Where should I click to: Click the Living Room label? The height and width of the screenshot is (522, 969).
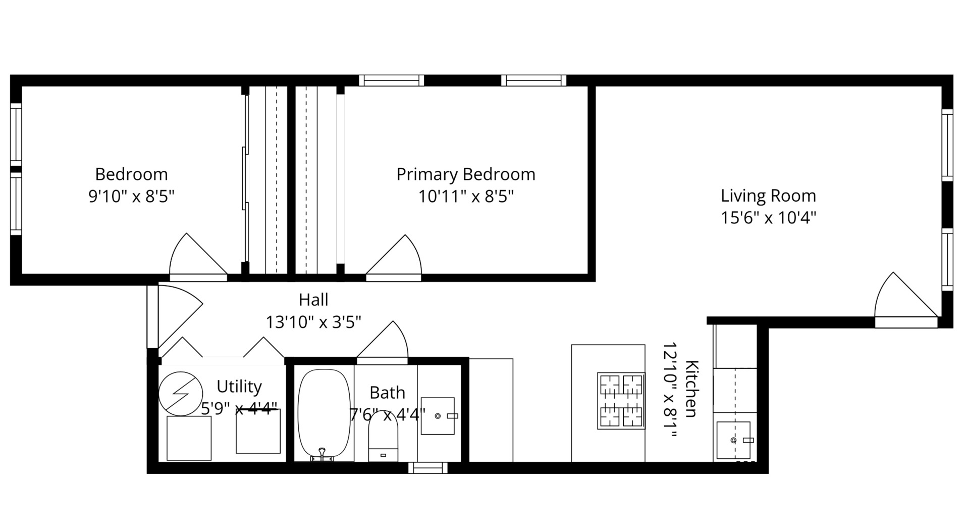(768, 196)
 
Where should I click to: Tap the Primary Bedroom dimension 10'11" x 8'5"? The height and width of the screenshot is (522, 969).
(465, 196)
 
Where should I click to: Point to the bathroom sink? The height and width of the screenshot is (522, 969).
(438, 416)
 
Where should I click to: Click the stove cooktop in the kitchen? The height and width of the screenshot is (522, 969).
(621, 401)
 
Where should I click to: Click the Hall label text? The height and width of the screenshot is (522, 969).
(313, 300)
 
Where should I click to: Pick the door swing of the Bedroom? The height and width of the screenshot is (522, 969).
(194, 258)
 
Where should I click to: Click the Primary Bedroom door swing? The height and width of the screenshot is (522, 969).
(396, 258)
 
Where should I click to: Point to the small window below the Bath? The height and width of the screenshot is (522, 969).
(427, 468)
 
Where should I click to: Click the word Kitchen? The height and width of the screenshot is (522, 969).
(692, 389)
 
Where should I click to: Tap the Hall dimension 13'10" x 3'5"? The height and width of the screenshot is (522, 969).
(313, 322)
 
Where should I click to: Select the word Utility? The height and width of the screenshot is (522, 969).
(239, 387)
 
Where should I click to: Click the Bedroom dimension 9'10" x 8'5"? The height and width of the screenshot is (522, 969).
(131, 196)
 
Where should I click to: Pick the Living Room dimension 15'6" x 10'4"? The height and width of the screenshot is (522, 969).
(768, 218)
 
